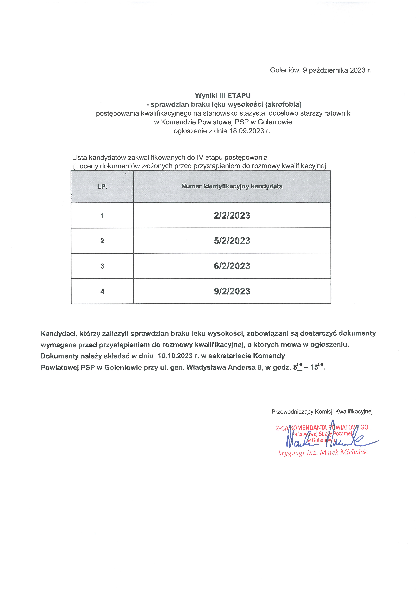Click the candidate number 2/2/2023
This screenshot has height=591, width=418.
(232, 215)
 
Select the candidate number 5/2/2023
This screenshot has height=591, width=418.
(232, 241)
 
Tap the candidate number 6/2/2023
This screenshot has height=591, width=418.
(232, 266)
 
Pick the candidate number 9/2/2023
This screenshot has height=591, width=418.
(232, 291)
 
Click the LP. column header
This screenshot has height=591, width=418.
(102, 186)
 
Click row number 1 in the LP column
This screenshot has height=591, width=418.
(102, 215)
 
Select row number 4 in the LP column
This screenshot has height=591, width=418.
(102, 291)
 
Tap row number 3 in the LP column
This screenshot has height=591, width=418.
(102, 266)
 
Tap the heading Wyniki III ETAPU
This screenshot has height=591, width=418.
(223, 96)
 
